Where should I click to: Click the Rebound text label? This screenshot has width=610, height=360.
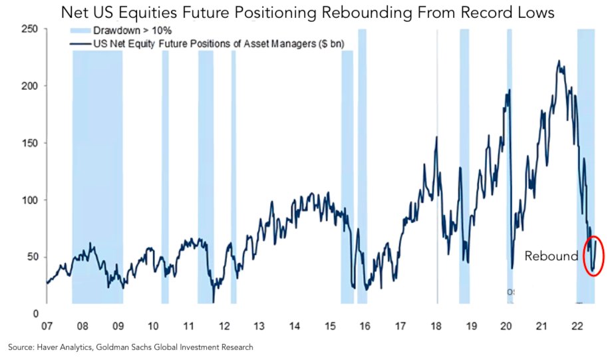pos(551,256)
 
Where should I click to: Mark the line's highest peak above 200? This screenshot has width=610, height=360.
pos(559,61)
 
